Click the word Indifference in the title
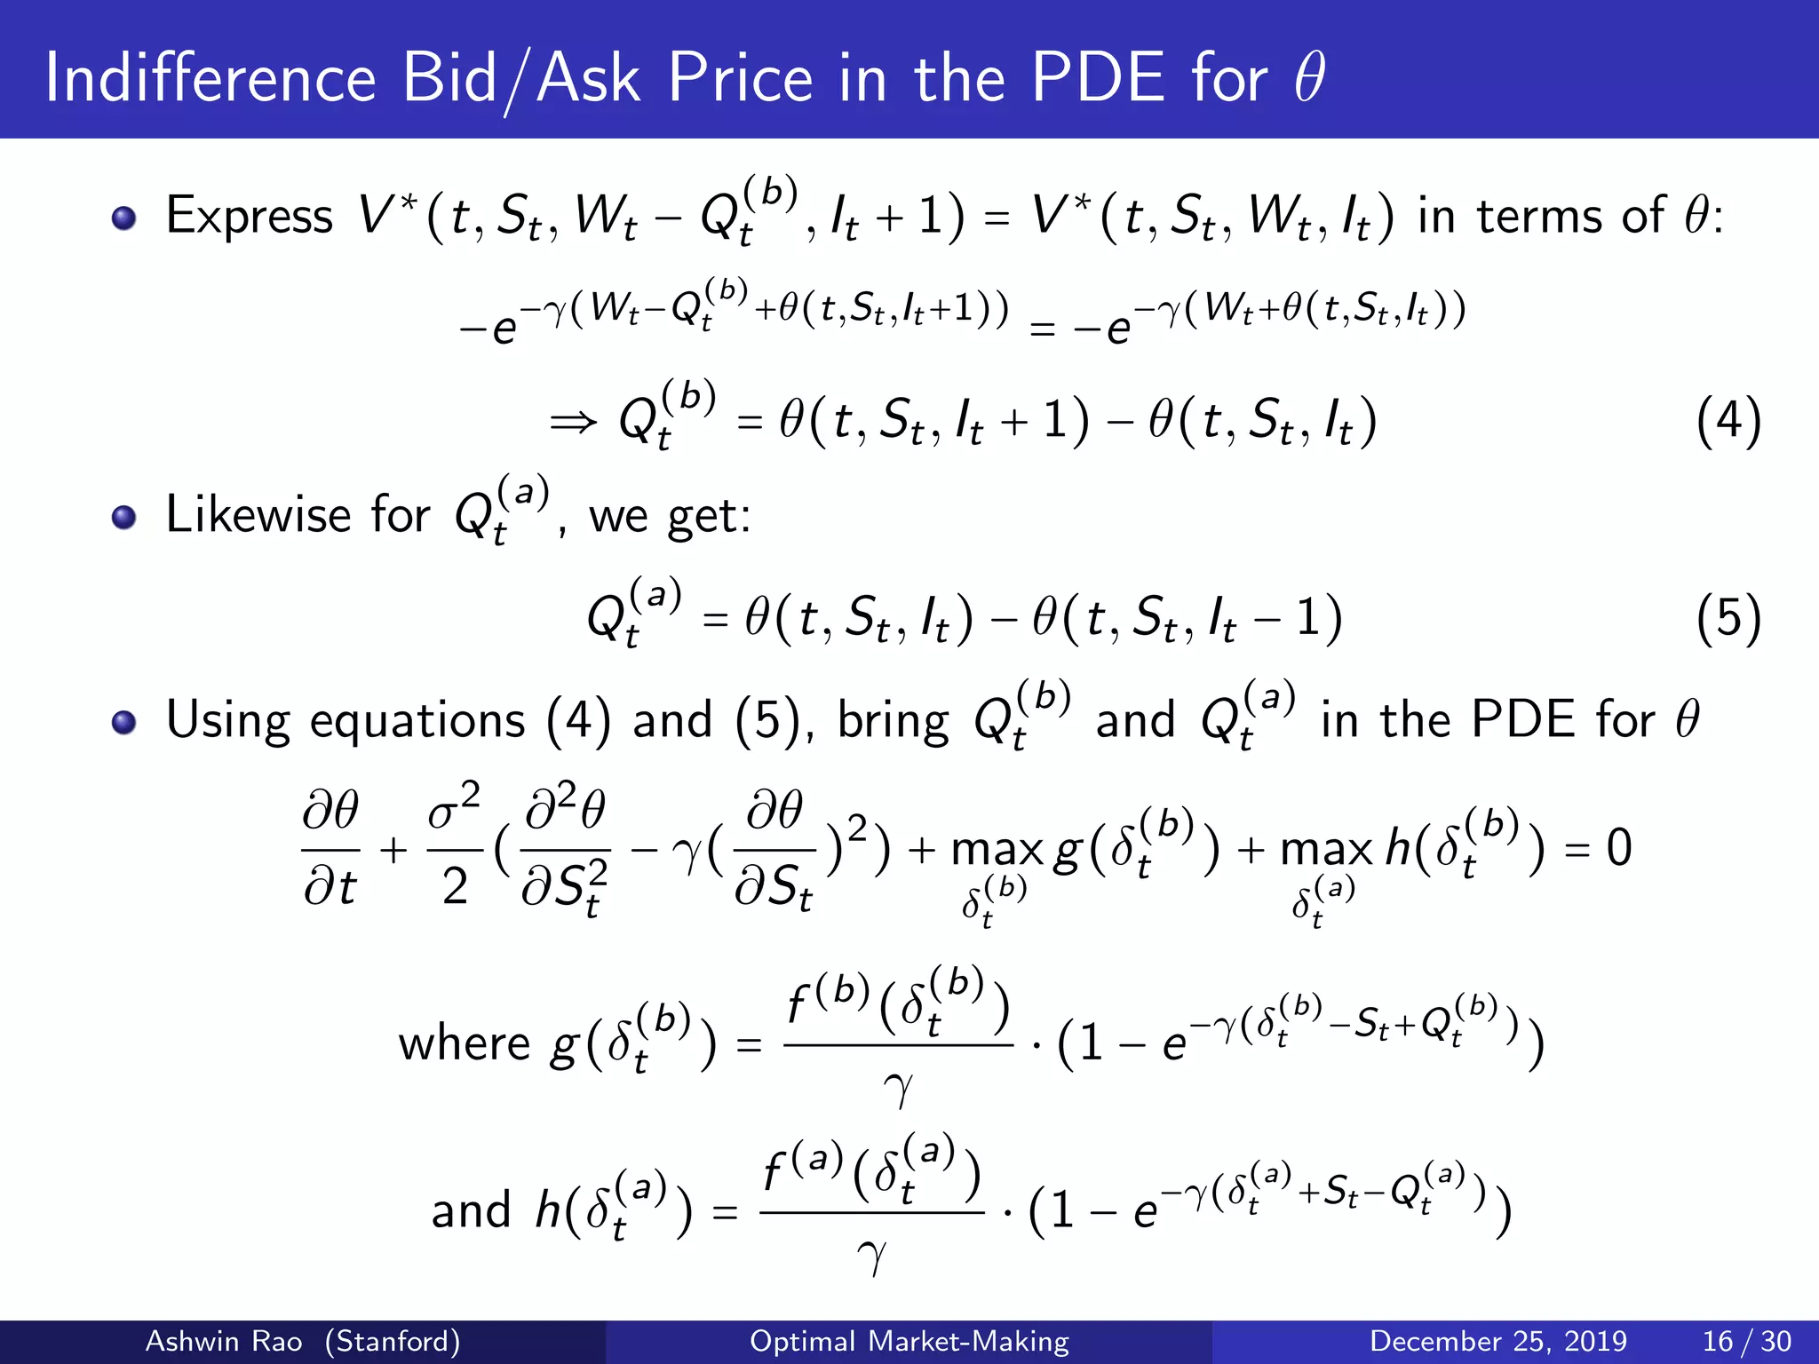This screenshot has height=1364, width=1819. pos(211,78)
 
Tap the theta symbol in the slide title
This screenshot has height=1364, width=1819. pos(1309,78)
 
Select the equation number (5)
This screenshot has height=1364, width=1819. pos(1728,618)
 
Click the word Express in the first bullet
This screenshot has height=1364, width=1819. pos(250,216)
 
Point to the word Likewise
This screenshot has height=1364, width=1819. pos(258,515)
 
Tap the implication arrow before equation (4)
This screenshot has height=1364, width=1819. pos(573,423)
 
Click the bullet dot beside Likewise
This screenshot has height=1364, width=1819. pos(124,518)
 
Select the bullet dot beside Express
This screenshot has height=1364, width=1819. pos(124,218)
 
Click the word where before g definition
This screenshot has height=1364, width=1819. pos(464,1043)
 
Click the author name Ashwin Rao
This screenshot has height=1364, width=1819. pos(223,1341)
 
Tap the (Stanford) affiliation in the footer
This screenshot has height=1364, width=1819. pos(392,1341)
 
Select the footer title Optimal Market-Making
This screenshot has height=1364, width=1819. pos(909,1341)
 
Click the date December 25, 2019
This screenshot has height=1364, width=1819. pos(1497,1341)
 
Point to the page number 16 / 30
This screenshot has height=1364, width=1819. pos(1746,1341)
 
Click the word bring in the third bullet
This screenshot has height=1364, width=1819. pos(893,721)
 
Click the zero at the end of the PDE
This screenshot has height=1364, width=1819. pos(1619,848)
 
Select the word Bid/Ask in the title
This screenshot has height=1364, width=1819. pos(520,78)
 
